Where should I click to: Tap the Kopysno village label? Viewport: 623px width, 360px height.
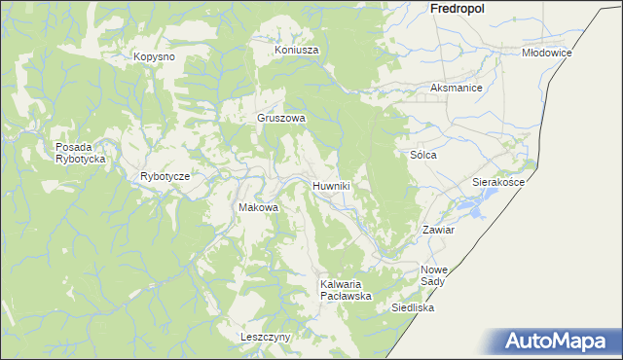[154, 56]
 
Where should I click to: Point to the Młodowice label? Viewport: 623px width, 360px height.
[546, 53]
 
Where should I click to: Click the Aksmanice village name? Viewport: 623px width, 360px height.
[457, 88]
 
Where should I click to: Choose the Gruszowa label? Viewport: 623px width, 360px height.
[281, 118]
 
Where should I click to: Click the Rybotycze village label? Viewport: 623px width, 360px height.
[165, 176]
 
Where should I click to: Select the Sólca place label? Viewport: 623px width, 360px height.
[422, 155]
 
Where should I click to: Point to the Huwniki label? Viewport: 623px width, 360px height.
[331, 185]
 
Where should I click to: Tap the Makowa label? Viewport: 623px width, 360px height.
[259, 207]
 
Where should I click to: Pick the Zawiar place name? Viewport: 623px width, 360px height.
[437, 231]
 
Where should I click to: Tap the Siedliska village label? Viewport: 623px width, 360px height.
[413, 307]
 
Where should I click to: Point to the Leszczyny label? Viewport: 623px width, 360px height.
[266, 337]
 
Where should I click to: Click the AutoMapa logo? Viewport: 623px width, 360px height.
[559, 341]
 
